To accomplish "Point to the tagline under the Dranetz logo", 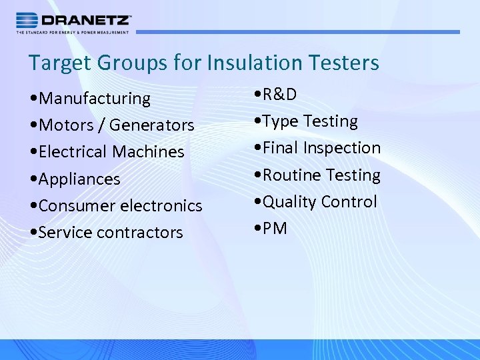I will (73, 32).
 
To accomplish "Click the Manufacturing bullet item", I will (90, 99).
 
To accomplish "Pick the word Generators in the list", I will (151, 125).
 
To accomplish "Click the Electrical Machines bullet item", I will (107, 152).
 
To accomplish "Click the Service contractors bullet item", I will (107, 233).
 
